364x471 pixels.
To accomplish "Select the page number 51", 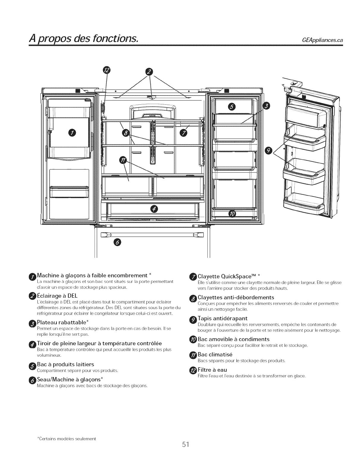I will click(x=186, y=444).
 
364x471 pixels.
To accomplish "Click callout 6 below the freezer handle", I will click(x=117, y=243).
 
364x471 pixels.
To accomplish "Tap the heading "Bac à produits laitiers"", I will click(x=65, y=364).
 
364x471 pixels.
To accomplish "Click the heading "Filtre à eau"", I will click(x=212, y=370).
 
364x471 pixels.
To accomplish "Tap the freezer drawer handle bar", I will click(x=152, y=235).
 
